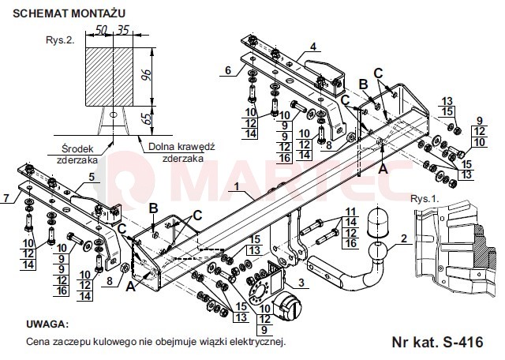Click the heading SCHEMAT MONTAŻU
click(x=69, y=13)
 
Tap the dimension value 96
click(x=147, y=75)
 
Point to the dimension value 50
click(x=101, y=30)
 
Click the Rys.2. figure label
click(x=60, y=40)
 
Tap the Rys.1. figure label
click(x=425, y=198)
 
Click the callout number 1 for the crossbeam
click(x=237, y=186)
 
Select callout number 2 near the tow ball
click(x=404, y=238)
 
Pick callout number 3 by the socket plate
click(x=301, y=283)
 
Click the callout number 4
click(x=313, y=47)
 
